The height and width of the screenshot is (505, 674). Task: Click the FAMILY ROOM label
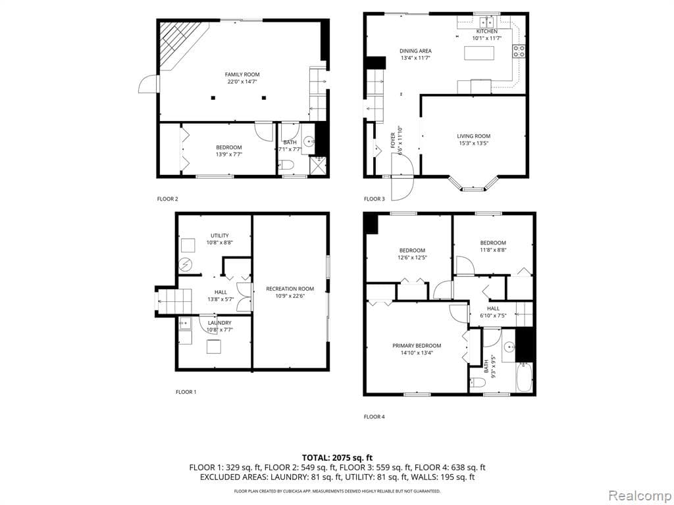click(242, 74)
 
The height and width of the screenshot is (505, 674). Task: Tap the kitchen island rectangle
click(479, 53)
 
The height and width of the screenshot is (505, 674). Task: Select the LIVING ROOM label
click(473, 136)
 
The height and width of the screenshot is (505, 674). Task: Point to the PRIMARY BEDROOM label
click(417, 346)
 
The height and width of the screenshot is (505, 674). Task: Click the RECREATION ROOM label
click(290, 289)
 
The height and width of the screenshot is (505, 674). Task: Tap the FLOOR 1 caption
click(186, 392)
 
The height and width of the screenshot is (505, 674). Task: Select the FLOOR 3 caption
click(374, 199)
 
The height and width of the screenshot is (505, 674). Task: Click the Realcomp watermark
click(638, 494)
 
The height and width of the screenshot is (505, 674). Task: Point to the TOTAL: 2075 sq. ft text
click(337, 458)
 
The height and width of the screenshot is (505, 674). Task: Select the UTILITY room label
click(219, 235)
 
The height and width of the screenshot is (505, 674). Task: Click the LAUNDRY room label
click(219, 323)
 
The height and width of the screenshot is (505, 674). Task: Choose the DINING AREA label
click(415, 51)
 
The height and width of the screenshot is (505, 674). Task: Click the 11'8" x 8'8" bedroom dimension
click(492, 250)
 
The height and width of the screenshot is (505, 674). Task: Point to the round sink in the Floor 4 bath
click(507, 347)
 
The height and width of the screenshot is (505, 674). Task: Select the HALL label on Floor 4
click(493, 308)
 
